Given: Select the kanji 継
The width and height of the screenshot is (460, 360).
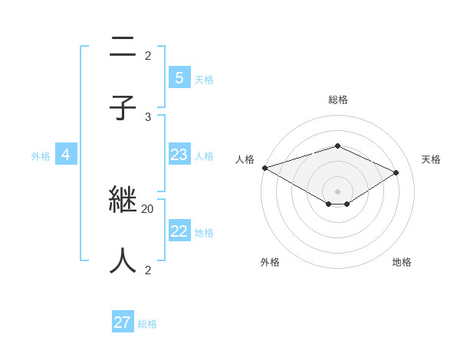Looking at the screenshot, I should pyautogui.click(x=123, y=200).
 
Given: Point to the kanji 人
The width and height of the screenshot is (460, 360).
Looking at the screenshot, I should pyautogui.click(x=123, y=260).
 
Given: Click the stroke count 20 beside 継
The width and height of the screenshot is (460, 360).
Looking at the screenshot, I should pyautogui.click(x=148, y=208).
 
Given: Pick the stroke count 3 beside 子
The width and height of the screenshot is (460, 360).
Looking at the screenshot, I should pyautogui.click(x=148, y=116).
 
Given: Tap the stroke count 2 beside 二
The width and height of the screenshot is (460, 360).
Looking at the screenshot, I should pyautogui.click(x=148, y=55).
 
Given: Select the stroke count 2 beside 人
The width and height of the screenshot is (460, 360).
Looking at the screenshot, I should pyautogui.click(x=148, y=270).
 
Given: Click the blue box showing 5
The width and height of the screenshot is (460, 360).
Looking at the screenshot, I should pyautogui.click(x=179, y=77).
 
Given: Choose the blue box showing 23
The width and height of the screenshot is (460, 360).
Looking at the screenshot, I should pyautogui.click(x=179, y=155).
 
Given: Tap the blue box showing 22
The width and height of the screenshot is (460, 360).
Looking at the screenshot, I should pyautogui.click(x=179, y=231).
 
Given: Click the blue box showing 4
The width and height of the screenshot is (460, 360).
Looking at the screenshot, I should pyautogui.click(x=66, y=155).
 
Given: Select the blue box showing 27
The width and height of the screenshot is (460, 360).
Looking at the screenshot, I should pyautogui.click(x=123, y=322).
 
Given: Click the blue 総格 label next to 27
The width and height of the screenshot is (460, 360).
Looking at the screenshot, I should pyautogui.click(x=147, y=324).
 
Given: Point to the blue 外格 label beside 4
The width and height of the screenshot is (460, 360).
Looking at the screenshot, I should pyautogui.click(x=41, y=156).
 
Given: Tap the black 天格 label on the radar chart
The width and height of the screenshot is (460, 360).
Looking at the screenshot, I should pyautogui.click(x=431, y=159).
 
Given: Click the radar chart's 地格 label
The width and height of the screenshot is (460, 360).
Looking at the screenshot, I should pyautogui.click(x=402, y=262).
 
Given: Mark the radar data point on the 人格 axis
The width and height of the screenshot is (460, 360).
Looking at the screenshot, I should pyautogui.click(x=264, y=168).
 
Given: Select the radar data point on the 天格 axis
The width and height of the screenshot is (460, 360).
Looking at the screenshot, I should pyautogui.click(x=396, y=172).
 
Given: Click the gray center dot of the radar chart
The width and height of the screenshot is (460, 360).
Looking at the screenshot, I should pyautogui.click(x=337, y=191).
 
